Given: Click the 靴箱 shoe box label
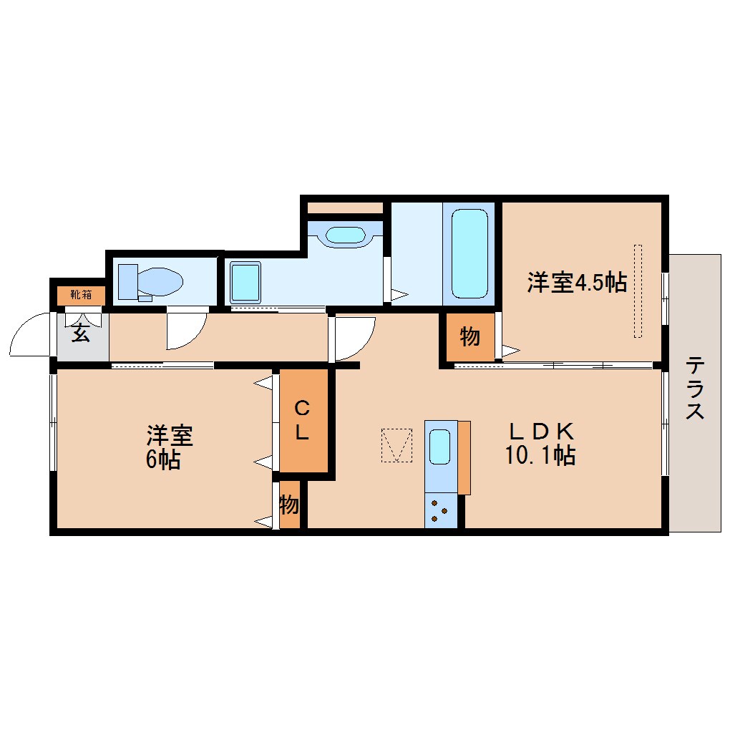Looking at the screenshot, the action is point(81,295).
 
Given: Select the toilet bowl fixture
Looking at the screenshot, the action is point(150,282).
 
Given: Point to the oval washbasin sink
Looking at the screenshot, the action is point(345,235).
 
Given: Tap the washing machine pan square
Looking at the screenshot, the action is point(245,282).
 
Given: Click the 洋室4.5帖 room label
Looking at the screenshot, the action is point(577,282).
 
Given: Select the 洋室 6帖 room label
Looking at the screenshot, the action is point(169,447).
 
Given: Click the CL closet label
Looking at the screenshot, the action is point(302,421).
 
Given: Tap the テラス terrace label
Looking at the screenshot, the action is point(694,387).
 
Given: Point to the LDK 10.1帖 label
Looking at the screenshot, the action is point(540,444).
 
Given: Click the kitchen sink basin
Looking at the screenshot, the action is point(439,447).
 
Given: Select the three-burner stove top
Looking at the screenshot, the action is point(440,511).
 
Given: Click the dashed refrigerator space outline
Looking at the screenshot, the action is point(396,445).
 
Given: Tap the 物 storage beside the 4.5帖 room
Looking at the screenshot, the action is point(469,336).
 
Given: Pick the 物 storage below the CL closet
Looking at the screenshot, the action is point(289,505).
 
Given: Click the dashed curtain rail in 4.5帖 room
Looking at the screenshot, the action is point(638,291).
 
